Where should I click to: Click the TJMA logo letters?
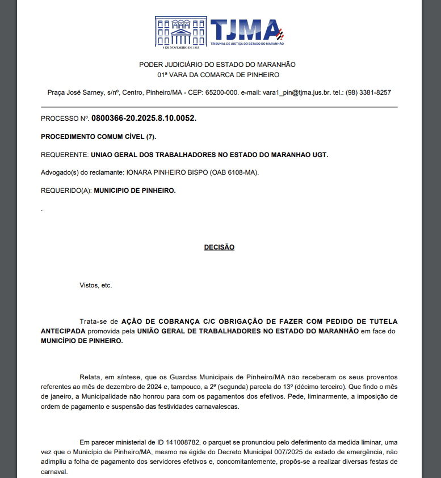[244, 30]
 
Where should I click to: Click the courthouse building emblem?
[181, 32]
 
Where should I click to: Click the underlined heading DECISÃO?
[219, 247]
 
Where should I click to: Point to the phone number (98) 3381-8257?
[368, 92]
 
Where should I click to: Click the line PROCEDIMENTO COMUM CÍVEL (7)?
[98, 137]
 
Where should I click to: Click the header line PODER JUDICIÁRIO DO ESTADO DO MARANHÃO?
[217, 65]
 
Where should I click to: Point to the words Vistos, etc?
[96, 285]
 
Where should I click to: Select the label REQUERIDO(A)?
[66, 191]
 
